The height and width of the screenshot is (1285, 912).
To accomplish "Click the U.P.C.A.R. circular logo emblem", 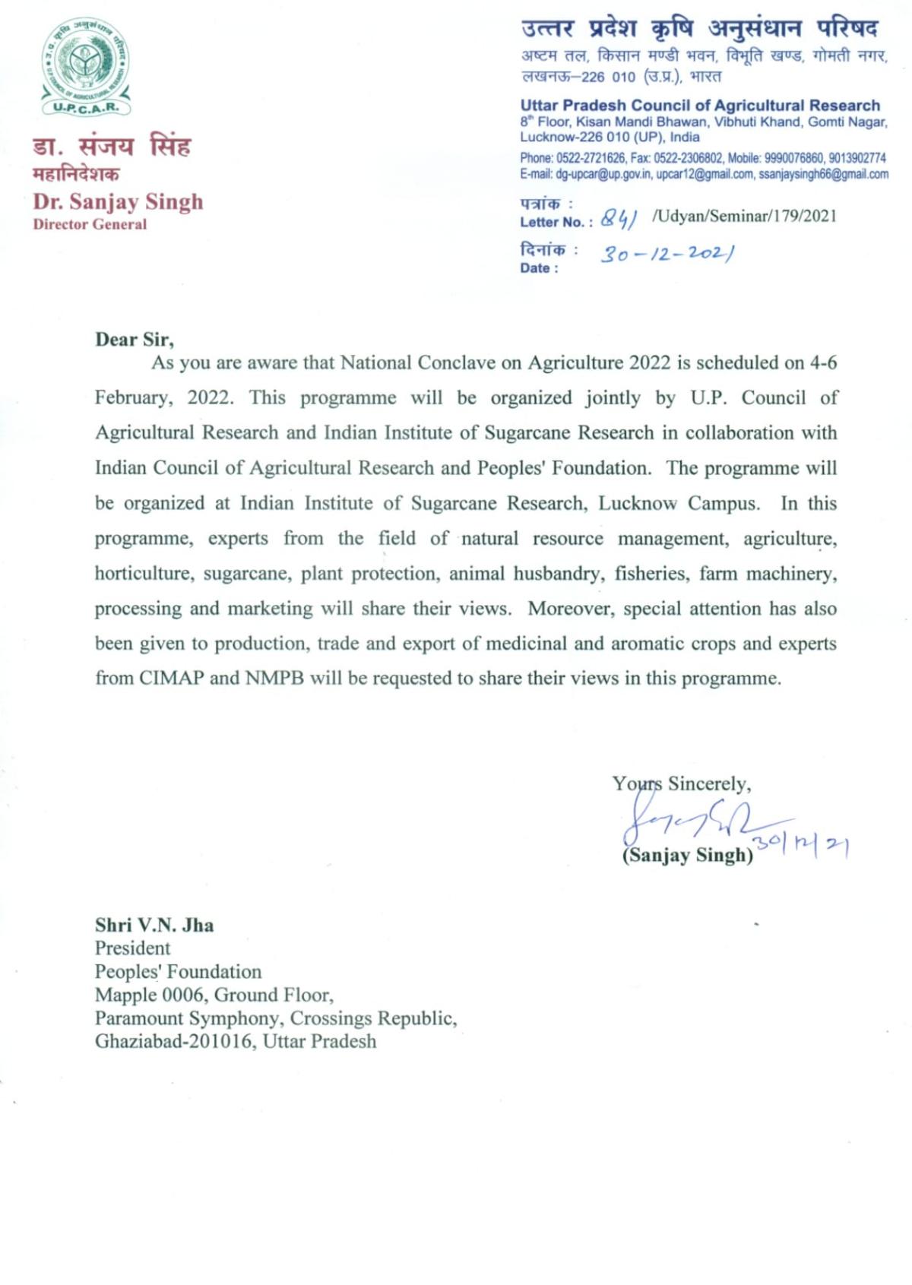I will [86, 66].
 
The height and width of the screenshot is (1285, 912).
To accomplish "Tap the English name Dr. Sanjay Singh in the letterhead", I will [118, 201].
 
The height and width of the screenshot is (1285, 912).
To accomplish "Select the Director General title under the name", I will [90, 224].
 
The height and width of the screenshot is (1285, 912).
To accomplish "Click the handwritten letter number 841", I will [618, 219].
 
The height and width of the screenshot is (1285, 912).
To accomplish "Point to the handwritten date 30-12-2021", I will [667, 254].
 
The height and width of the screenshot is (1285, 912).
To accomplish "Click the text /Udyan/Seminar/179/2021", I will [744, 217].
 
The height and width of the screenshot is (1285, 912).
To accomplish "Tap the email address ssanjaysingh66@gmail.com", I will [823, 174].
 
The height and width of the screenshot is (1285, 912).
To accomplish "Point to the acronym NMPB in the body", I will [274, 678].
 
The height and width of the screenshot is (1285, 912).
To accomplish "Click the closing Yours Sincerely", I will [682, 783].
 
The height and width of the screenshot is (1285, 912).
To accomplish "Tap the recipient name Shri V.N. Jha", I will [154, 925].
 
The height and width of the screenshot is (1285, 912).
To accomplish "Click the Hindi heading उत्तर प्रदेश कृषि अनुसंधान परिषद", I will [700, 28].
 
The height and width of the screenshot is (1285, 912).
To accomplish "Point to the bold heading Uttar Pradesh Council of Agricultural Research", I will [700, 106].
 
